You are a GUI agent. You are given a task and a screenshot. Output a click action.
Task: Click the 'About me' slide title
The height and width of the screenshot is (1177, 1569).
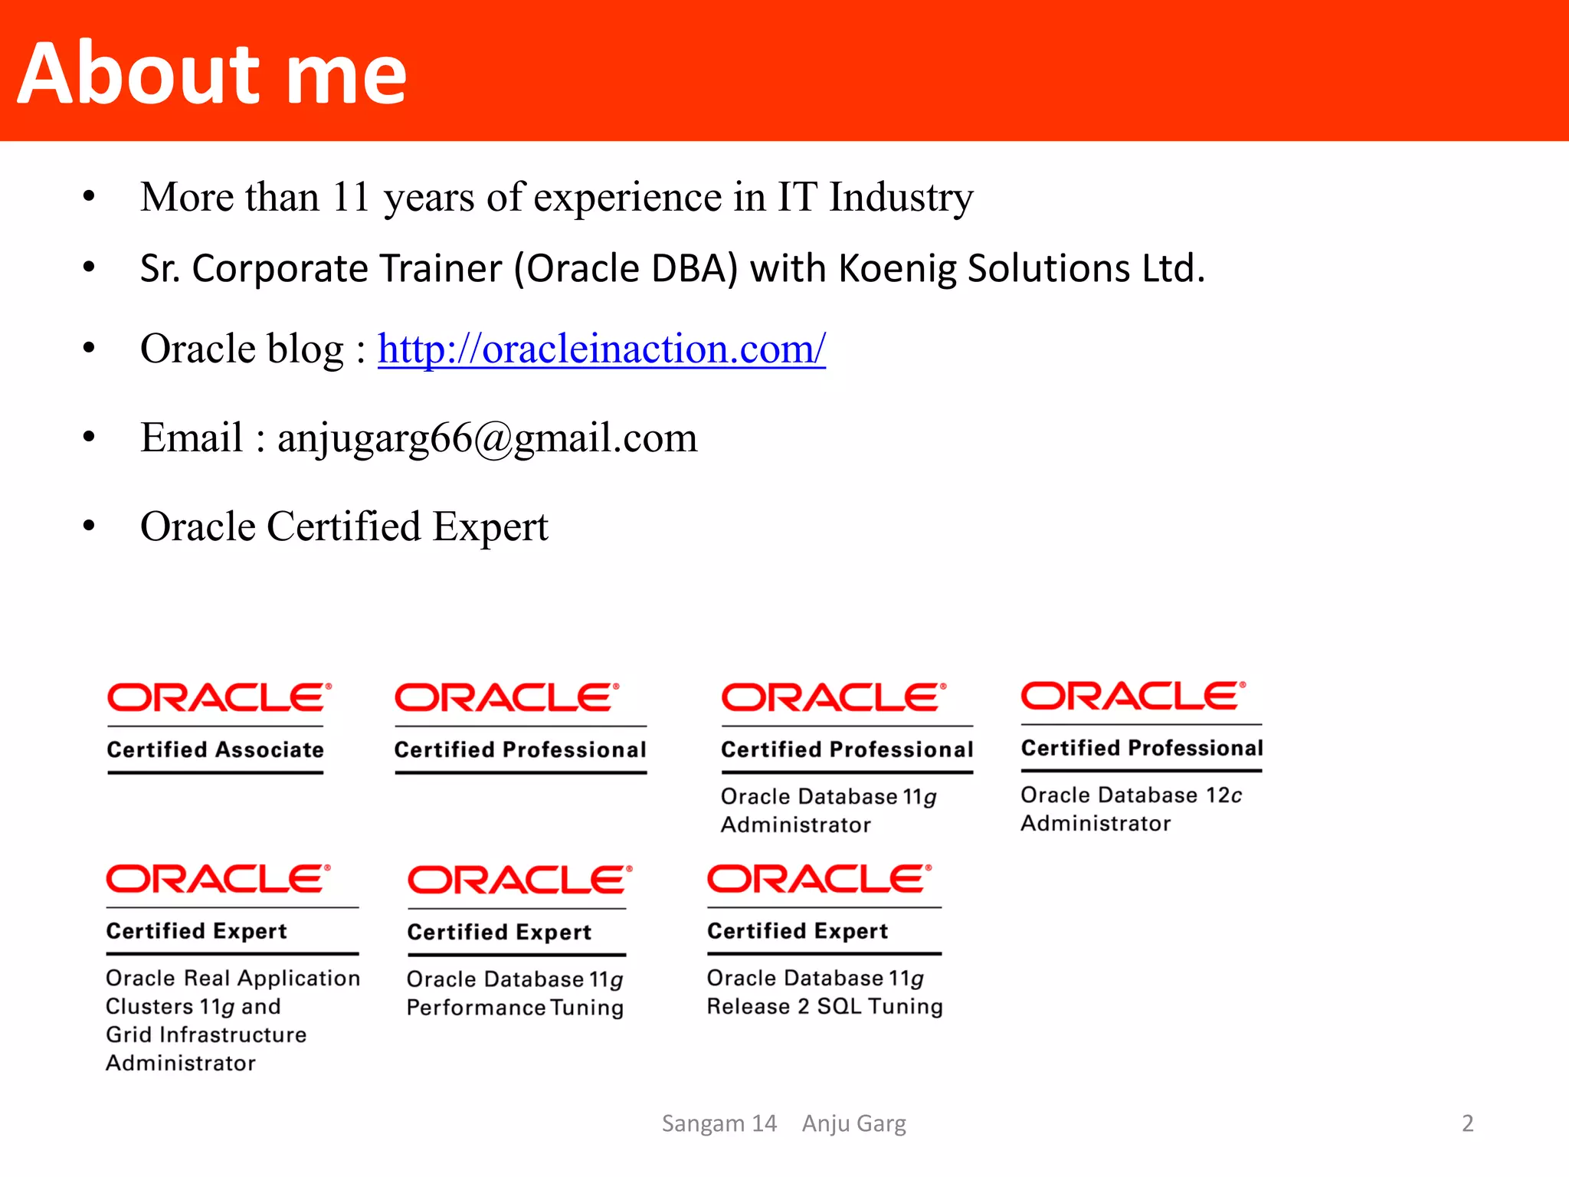pos(211,74)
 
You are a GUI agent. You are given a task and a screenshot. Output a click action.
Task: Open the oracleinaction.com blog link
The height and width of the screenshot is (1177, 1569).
pos(601,349)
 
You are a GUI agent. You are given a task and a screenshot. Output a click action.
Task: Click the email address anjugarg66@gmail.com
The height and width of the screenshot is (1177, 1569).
pos(487,438)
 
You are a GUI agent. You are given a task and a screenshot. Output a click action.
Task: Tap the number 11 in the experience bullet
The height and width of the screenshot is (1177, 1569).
pos(351,197)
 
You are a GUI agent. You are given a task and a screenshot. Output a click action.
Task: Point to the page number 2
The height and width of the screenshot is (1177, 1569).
pos(1467,1123)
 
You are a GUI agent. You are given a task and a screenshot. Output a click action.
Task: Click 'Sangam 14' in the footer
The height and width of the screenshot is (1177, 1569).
pos(719,1123)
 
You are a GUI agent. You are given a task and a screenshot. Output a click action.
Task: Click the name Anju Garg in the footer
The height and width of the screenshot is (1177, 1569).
pos(853,1123)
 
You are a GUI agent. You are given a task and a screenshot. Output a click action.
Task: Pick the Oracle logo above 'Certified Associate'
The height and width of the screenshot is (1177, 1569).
pos(218,697)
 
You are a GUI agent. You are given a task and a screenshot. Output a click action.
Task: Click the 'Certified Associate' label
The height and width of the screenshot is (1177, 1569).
pos(215,749)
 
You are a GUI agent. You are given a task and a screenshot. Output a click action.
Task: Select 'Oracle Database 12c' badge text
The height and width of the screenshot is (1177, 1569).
pos(1131,795)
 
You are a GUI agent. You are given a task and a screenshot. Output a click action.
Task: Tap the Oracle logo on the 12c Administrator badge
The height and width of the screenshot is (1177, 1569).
pos(1132,696)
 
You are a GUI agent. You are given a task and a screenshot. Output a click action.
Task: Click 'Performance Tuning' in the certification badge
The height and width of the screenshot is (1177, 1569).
pos(515,1008)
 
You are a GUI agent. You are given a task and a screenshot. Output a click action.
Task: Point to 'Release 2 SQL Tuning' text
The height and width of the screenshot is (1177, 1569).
pos(824,1006)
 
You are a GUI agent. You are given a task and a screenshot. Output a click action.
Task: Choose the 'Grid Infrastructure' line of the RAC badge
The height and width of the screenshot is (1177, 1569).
pos(206,1034)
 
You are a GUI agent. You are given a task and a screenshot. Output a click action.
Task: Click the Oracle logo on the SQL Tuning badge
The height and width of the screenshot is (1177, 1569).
pos(819,879)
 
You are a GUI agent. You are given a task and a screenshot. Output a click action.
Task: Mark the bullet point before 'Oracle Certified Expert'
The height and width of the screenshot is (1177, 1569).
pos(89,526)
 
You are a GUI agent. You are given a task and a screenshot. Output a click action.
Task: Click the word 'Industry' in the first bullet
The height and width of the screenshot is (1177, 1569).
pos(901,197)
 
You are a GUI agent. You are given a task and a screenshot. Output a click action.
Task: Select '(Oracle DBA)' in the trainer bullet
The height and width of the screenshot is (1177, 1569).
pos(625,269)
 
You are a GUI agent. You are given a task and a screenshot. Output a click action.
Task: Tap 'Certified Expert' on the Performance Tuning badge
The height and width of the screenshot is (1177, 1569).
pos(499,932)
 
